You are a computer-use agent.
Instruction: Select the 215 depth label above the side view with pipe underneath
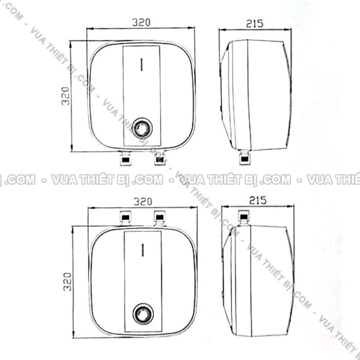coord(255,23)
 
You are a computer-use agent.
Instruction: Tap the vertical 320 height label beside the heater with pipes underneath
coord(65,96)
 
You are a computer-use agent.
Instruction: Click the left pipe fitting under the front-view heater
coord(124,159)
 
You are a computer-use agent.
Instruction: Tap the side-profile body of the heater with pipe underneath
coord(257,95)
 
